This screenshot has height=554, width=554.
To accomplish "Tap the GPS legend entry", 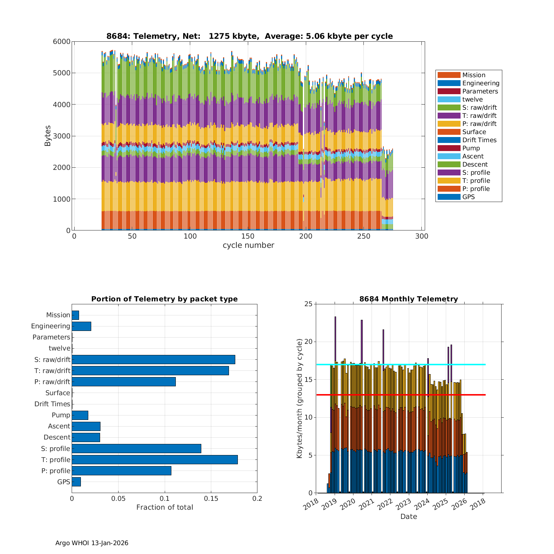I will point(468,197).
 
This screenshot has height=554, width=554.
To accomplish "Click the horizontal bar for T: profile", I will point(154,459).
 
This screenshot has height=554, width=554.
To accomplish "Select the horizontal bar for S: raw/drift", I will point(153,359).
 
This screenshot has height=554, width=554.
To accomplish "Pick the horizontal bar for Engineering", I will point(81,326).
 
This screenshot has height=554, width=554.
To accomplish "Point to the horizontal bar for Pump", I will point(80,415).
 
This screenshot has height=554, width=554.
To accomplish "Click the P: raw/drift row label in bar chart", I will point(52,382).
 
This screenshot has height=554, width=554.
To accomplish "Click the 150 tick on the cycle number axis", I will point(248,236).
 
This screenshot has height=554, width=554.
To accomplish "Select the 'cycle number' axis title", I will point(248,245).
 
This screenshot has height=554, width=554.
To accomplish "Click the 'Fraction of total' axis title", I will point(164,507).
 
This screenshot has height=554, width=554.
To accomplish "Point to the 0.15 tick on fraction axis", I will point(211,498).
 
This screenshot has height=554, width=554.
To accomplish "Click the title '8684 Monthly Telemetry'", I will point(408,299).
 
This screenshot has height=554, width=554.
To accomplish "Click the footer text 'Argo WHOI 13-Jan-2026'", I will point(92,543).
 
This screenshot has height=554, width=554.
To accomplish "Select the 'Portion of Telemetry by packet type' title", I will point(164,299).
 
